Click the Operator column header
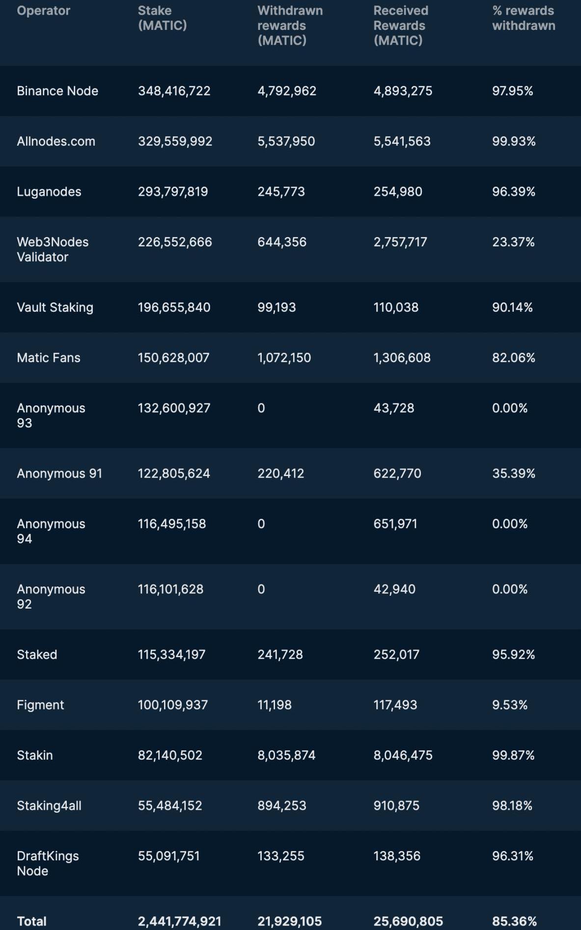(x=43, y=11)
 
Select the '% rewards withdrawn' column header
(x=524, y=18)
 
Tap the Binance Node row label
(x=57, y=91)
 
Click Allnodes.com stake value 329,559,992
(x=175, y=141)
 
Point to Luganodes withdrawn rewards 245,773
(x=281, y=191)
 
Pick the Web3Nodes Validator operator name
(x=53, y=249)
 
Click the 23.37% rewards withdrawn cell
(x=513, y=242)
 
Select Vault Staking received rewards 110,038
(x=396, y=307)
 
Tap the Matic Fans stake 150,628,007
(x=173, y=358)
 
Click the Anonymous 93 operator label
(x=51, y=415)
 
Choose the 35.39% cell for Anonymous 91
(x=514, y=474)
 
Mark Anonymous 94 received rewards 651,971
(x=395, y=524)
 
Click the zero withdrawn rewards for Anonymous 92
(x=261, y=589)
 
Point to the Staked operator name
(x=37, y=654)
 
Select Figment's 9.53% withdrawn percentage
(x=510, y=705)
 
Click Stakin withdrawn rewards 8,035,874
(x=286, y=755)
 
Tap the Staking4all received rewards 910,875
(x=396, y=805)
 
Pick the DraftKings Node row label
(x=48, y=863)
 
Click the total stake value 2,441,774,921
(x=179, y=921)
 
